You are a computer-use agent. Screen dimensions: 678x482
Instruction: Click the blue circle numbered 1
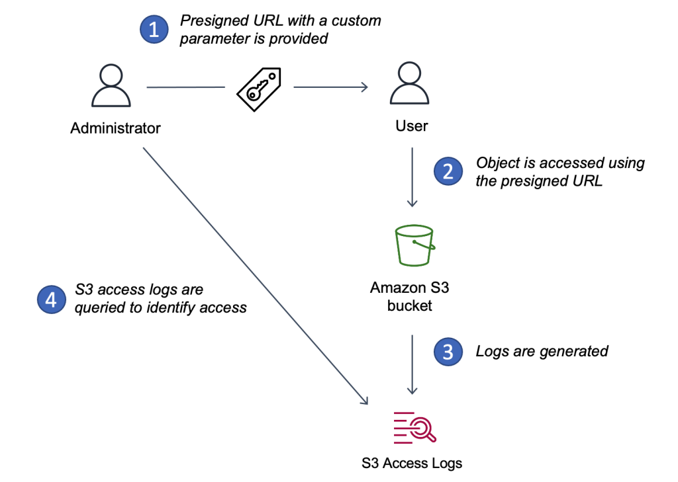coord(153,29)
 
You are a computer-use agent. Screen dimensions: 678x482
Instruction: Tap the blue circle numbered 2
coord(448,172)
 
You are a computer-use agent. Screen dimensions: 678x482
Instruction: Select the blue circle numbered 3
coord(448,351)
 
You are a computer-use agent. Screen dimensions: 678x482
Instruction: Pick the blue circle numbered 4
coord(52,299)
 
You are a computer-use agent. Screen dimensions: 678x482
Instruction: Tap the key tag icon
coord(259,88)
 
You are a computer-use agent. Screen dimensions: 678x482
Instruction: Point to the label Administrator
coord(116,128)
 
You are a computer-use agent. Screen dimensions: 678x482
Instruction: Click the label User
coord(412,126)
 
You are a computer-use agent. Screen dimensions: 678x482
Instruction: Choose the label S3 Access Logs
coord(412,463)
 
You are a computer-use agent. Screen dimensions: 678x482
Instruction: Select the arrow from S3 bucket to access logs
coord(412,364)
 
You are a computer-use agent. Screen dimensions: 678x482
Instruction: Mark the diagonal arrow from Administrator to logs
coord(255,275)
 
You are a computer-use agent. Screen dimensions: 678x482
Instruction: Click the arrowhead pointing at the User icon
coord(363,87)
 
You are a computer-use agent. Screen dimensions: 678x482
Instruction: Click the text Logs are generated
coord(542,351)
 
